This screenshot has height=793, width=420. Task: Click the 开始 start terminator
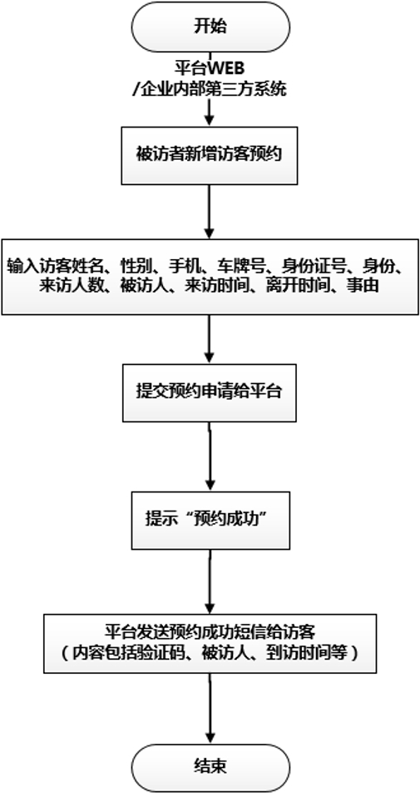coord(210,26)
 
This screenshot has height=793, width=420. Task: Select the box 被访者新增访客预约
coord(210,155)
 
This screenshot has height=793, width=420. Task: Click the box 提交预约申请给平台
coord(210,391)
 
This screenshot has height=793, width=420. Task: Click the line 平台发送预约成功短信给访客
coord(210,631)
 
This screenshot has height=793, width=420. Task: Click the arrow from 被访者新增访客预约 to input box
coord(210,212)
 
